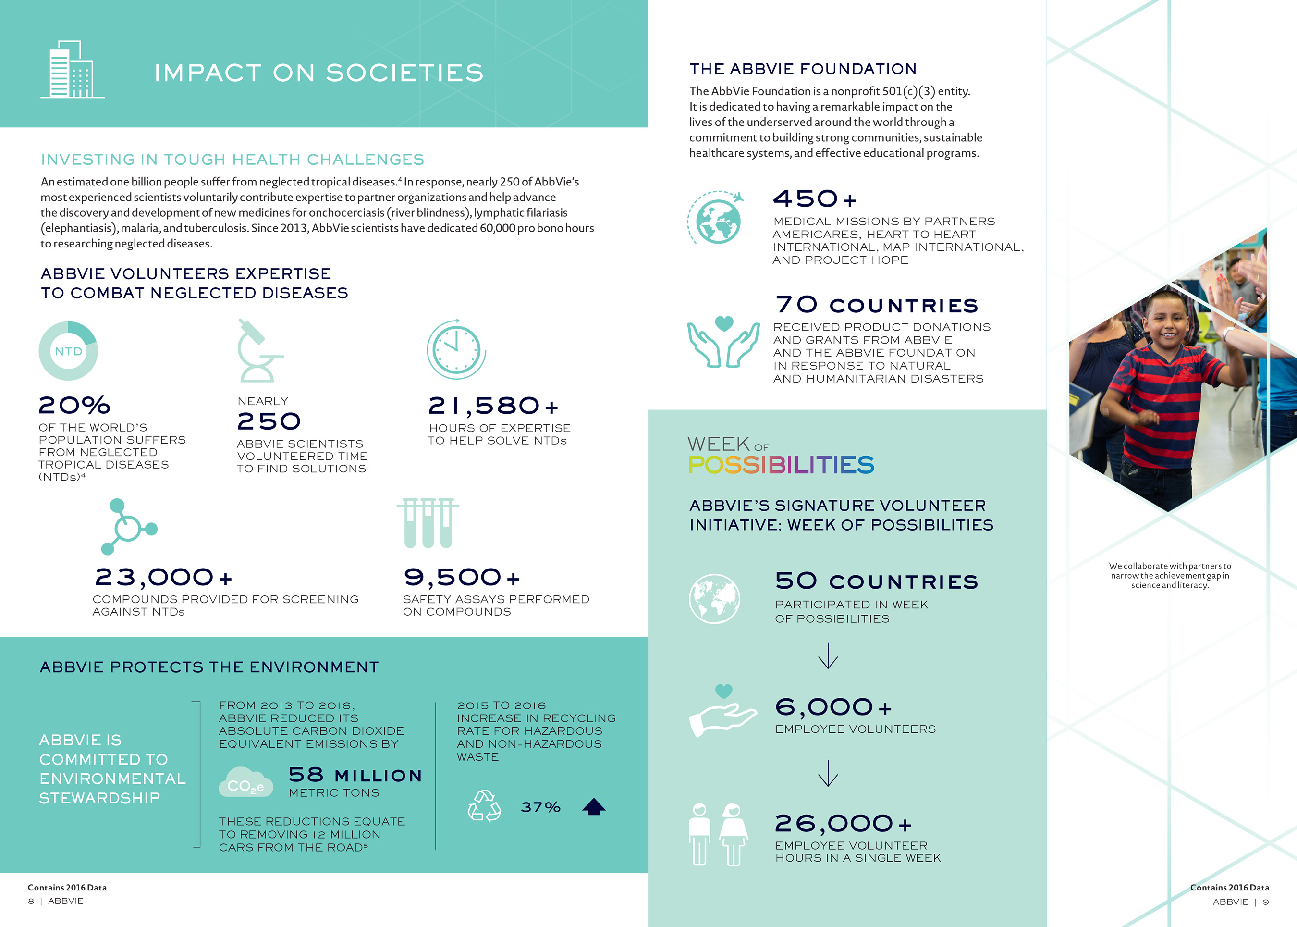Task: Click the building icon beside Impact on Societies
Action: click(x=73, y=70)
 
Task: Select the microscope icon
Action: click(x=258, y=350)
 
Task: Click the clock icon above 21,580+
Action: click(x=456, y=349)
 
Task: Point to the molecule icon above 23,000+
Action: click(x=129, y=527)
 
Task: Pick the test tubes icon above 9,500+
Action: click(x=428, y=523)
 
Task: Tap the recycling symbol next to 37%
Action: click(x=484, y=806)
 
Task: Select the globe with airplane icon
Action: click(x=717, y=218)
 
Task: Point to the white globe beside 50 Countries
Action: click(x=714, y=599)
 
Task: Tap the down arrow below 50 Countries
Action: click(x=827, y=656)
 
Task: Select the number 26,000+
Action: click(x=843, y=824)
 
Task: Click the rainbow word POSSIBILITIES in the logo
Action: click(x=781, y=465)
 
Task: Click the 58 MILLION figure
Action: click(x=355, y=775)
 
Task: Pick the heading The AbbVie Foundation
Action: click(x=803, y=69)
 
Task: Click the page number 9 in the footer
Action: click(x=1266, y=902)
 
